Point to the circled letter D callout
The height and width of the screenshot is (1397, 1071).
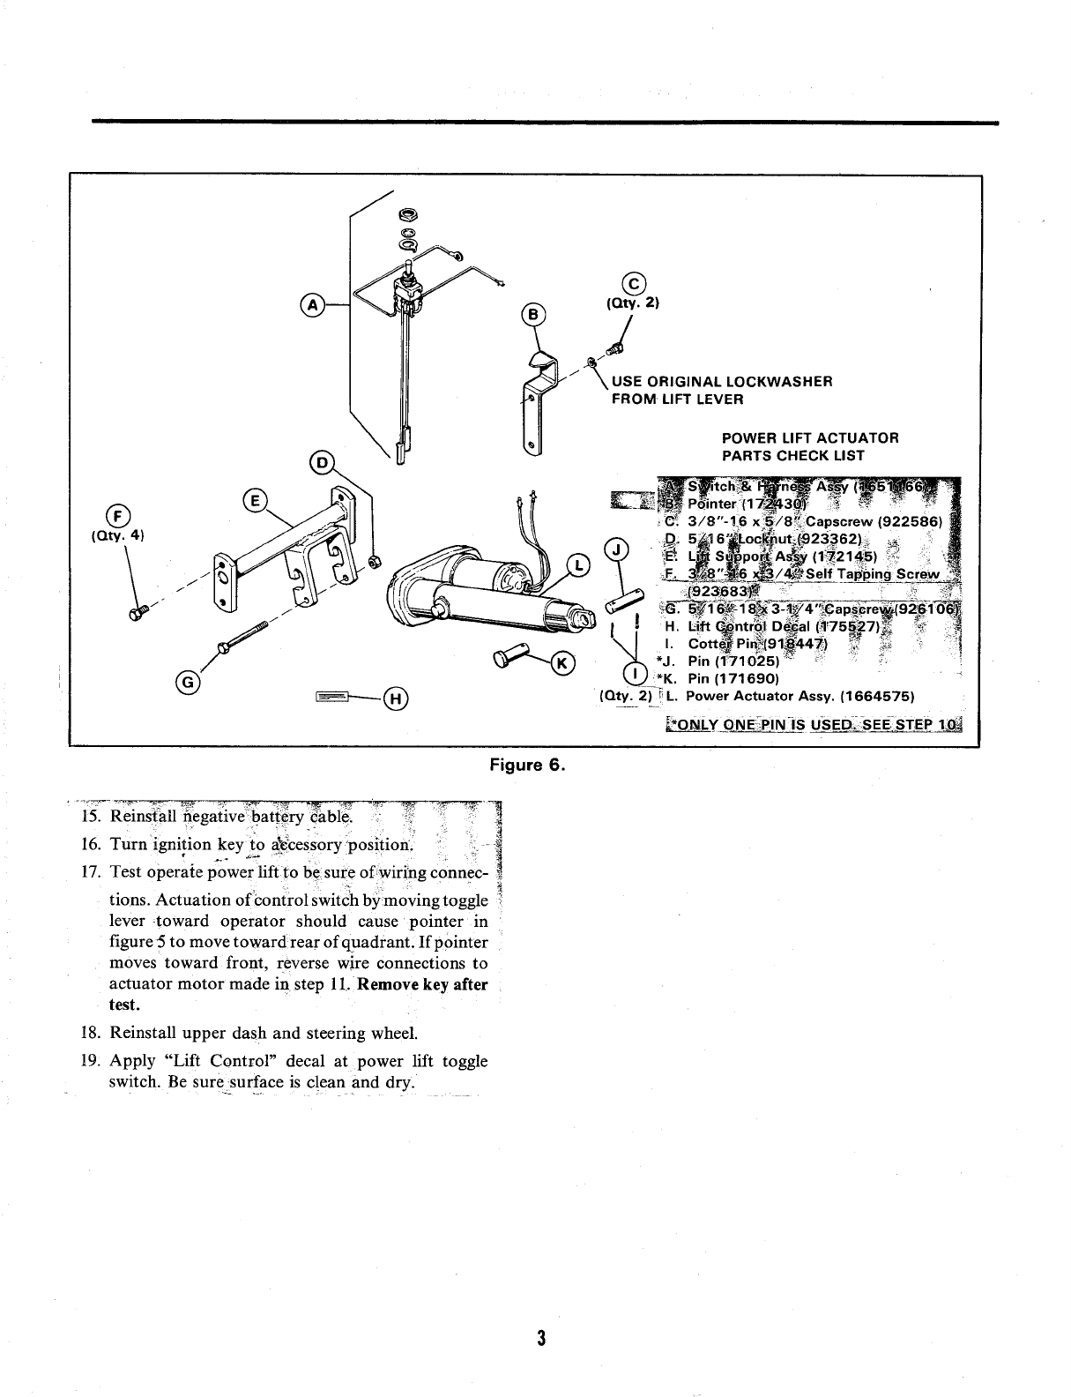coord(324,461)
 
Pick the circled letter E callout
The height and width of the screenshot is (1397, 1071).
coord(255,501)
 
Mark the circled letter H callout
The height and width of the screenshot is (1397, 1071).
coord(396,699)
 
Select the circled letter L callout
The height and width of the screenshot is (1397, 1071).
coord(578,564)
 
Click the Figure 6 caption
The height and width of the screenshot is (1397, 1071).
coord(525,764)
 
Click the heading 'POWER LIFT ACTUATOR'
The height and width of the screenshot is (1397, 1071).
coord(809,438)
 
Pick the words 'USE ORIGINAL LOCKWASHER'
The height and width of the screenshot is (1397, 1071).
coord(722,382)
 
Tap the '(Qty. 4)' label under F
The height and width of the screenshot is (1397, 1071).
coord(123,535)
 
